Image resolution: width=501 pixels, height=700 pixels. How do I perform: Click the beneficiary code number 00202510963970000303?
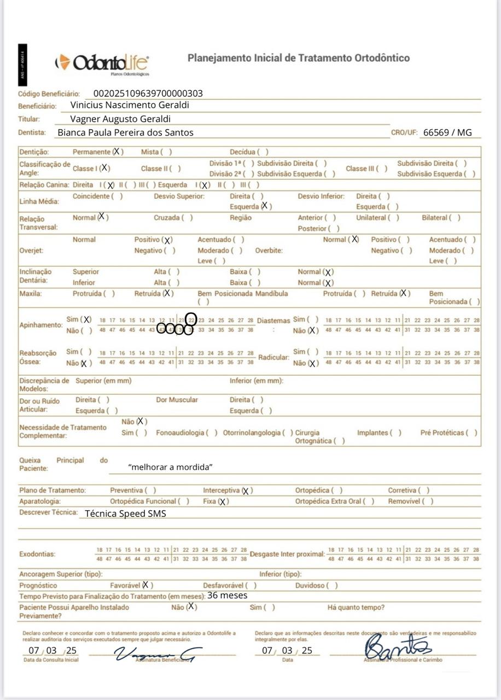148,94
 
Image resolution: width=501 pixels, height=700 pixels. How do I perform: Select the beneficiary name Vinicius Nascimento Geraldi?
130,105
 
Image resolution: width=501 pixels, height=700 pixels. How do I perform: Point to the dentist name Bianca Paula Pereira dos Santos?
125,132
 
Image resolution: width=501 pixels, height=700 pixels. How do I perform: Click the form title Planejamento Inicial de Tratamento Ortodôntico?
298,58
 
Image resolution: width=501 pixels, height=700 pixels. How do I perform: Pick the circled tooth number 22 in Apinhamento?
191,319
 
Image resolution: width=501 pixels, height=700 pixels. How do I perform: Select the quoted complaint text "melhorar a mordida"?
170,467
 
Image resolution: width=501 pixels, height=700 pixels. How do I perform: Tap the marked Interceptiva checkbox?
246,491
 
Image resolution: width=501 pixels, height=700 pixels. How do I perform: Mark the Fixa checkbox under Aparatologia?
223,501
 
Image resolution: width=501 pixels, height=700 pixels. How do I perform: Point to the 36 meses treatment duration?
227,595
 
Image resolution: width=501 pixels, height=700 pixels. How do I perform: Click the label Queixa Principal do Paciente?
63,464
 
